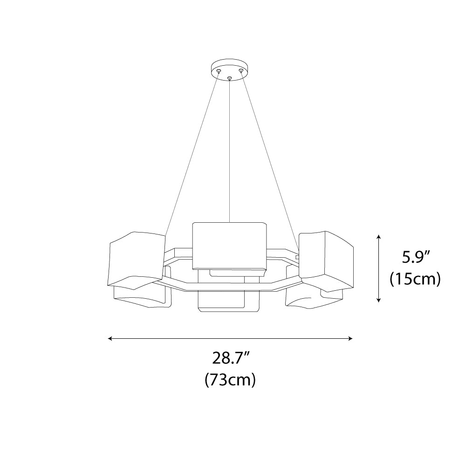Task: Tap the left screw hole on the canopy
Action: tap(219, 71)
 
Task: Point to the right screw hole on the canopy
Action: tap(241, 71)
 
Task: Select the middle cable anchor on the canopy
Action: tap(229, 79)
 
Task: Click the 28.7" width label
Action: tap(230, 358)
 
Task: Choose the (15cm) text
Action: tap(415, 279)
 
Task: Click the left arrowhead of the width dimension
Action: tap(110, 338)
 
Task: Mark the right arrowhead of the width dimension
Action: tap(350, 338)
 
